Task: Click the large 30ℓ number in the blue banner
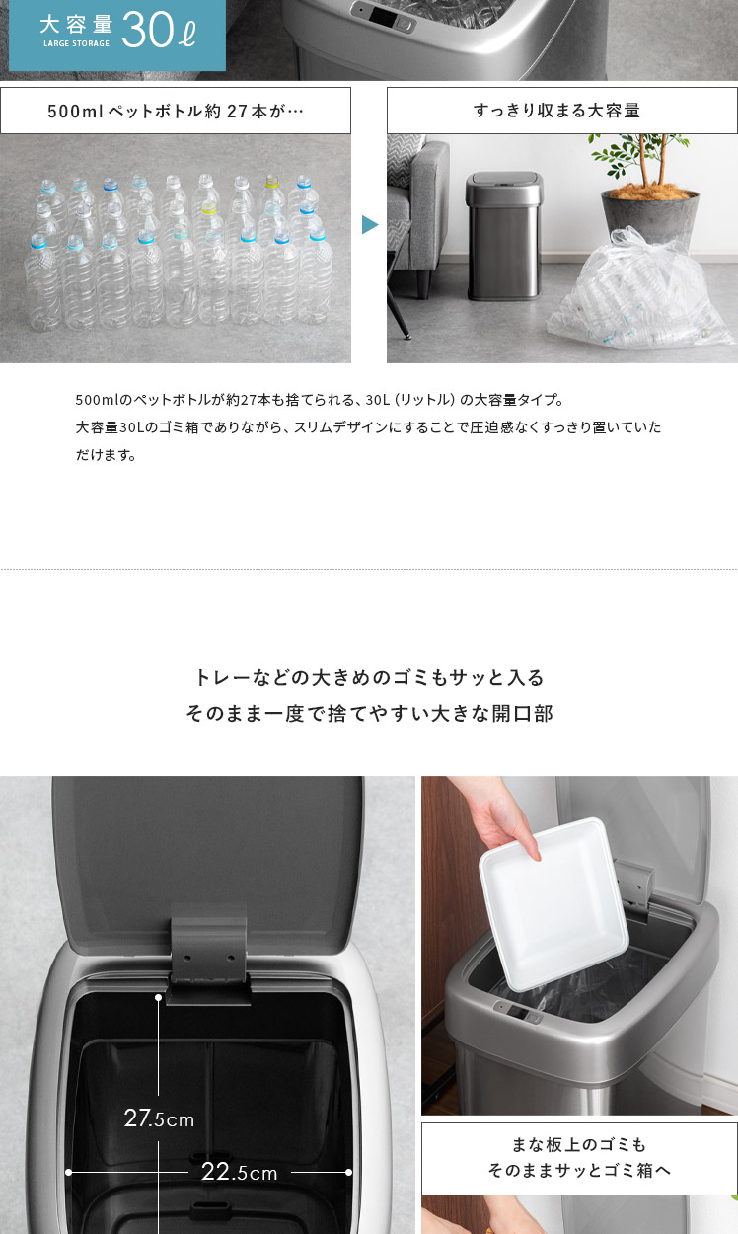tap(159, 31)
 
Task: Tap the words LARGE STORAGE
tap(77, 43)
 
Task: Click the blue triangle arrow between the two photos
tap(370, 225)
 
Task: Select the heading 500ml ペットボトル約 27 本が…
tap(176, 112)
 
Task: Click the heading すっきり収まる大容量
tap(556, 111)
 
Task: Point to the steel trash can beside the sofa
tap(504, 236)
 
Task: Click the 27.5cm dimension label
tap(159, 1118)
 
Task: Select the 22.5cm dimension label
tap(239, 1173)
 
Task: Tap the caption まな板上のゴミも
tap(579, 1145)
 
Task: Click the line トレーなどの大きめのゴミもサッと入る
tap(370, 677)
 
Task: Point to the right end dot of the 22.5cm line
tap(348, 1173)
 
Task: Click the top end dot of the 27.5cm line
tap(159, 998)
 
